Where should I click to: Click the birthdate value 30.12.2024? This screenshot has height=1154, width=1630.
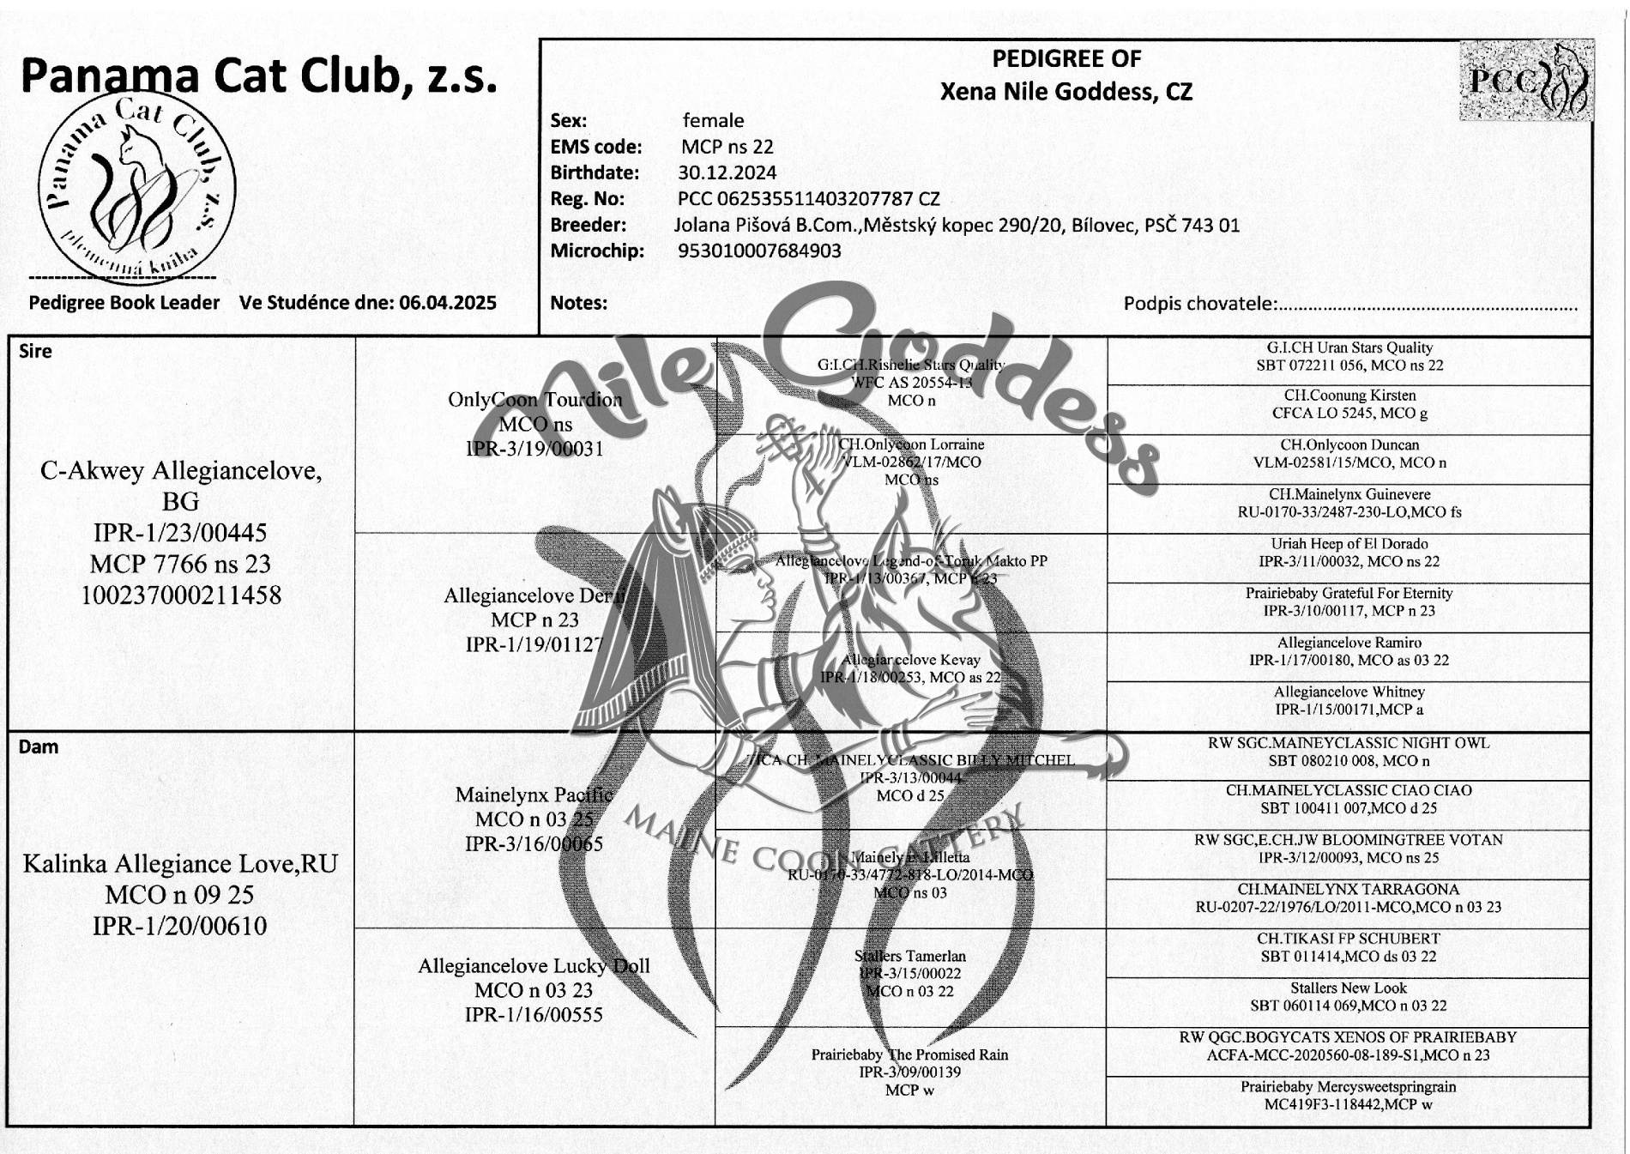pos(727,172)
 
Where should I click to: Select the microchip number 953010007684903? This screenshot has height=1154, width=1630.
pos(759,251)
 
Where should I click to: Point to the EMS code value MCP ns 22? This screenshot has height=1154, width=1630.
pos(727,147)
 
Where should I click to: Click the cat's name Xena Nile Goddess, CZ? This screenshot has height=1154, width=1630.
pos(1066,92)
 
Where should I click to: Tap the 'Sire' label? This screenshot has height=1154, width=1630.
pos(35,351)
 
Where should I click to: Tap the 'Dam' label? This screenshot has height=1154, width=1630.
pos(39,746)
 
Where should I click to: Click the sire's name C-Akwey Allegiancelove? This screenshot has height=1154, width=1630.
pos(181,471)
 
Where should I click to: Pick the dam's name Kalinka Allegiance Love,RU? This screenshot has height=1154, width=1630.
pos(180,863)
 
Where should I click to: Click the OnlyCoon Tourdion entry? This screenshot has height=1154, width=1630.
pos(534,400)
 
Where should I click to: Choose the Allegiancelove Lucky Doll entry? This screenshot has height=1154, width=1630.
pos(534,966)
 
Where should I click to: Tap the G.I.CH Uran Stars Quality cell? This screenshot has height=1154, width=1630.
pos(1349,356)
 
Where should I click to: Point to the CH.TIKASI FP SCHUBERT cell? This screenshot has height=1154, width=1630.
pos(1348,947)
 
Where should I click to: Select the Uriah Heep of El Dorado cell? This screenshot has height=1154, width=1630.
pos(1349,553)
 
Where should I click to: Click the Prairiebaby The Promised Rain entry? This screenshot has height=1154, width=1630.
pos(909,1054)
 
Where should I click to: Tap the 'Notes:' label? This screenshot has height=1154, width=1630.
pos(578,303)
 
